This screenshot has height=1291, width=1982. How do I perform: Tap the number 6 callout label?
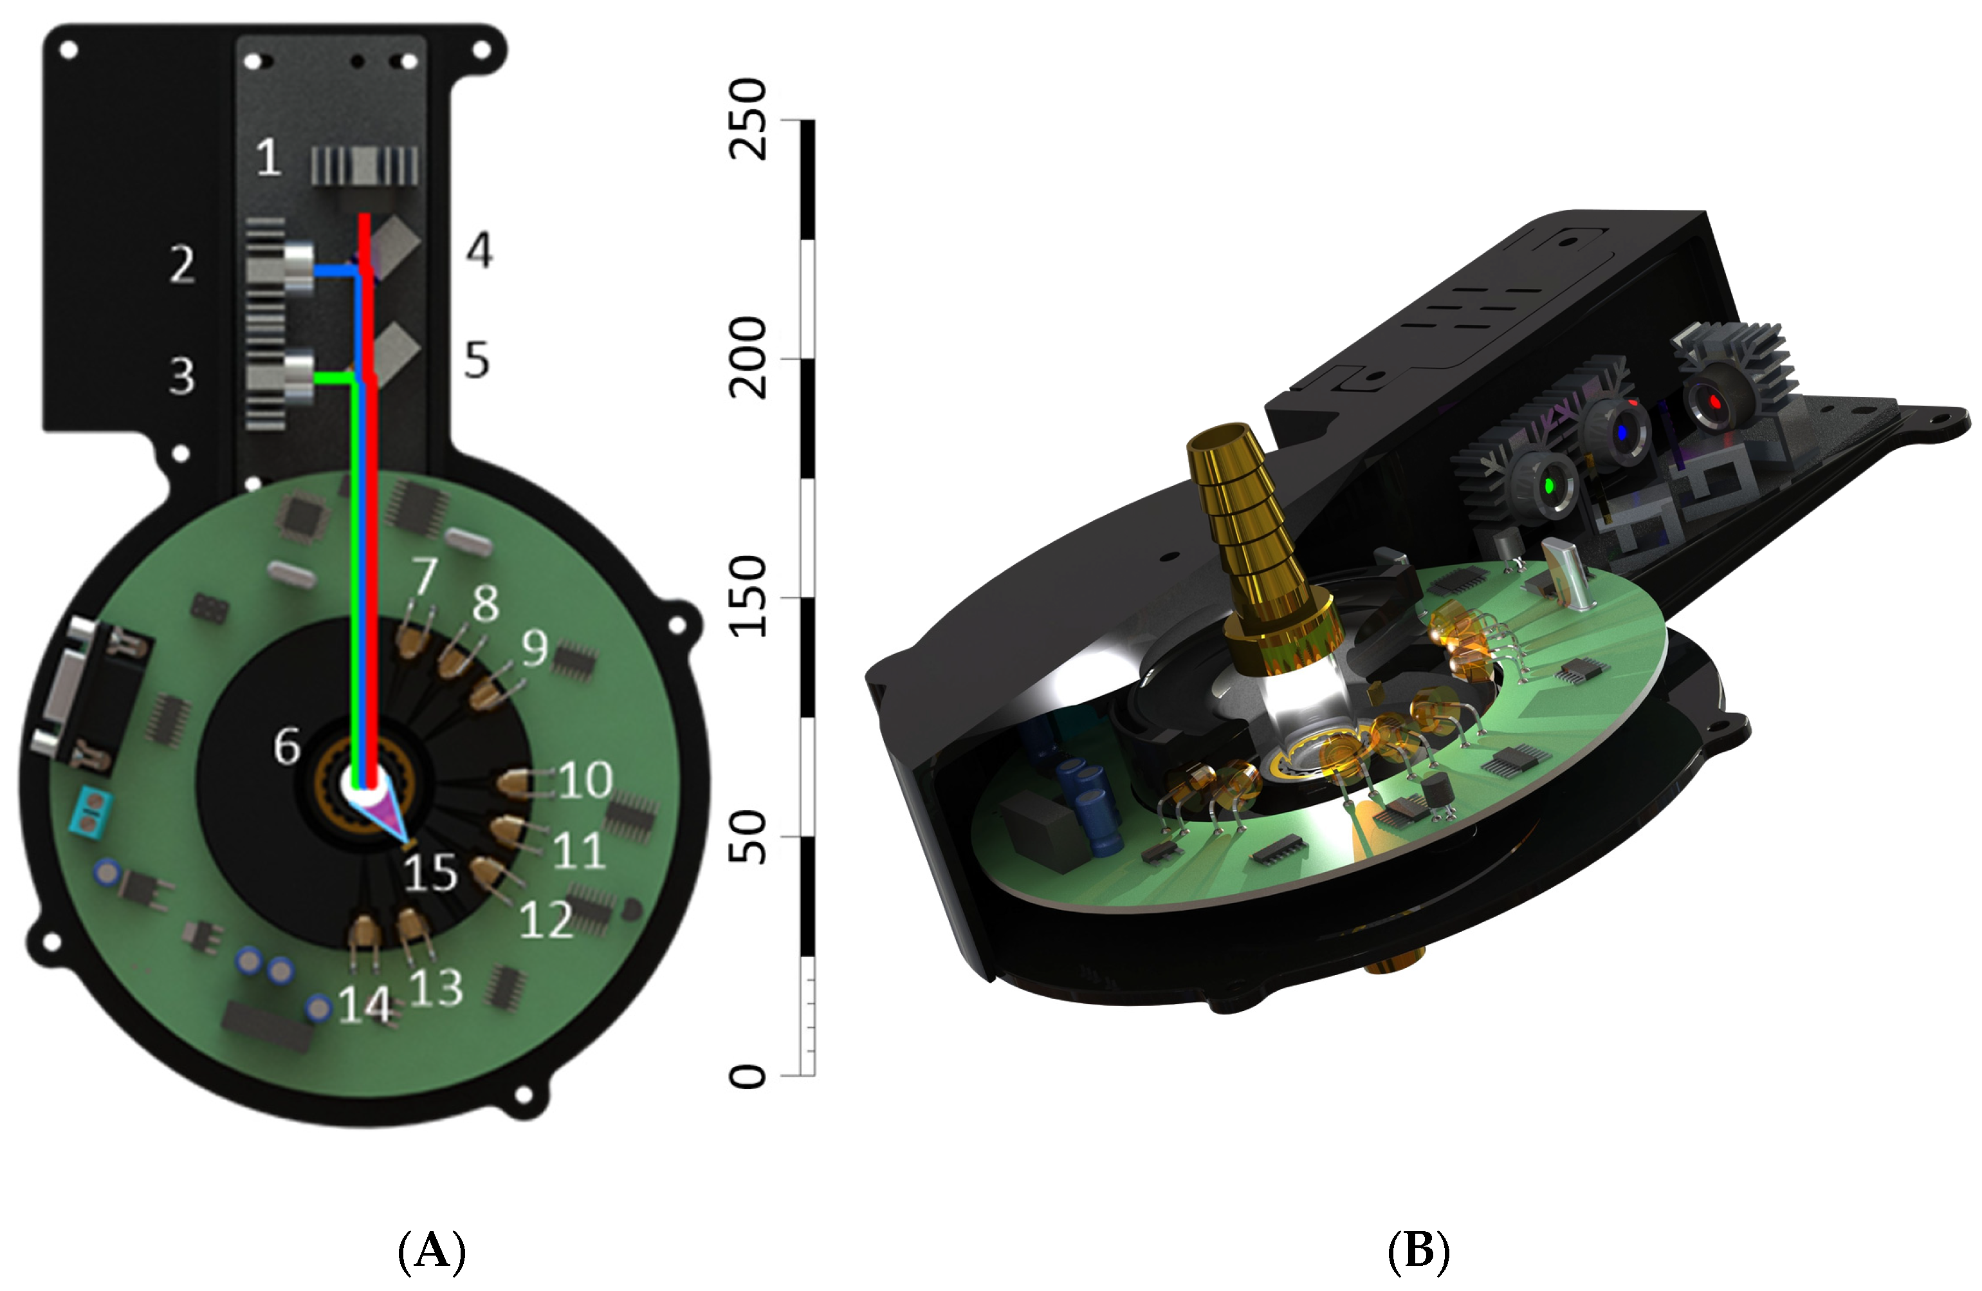pos(288,745)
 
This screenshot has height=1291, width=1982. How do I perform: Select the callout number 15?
pos(430,872)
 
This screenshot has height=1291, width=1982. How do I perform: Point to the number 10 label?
pos(586,779)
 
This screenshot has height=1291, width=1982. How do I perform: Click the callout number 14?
pos(365,1005)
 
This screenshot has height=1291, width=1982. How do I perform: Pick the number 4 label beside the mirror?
pos(479,249)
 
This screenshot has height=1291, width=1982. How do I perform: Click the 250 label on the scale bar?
pos(747,119)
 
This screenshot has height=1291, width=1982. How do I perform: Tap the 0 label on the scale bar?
pos(747,1075)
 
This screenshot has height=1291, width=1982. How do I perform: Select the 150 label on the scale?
pos(747,597)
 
